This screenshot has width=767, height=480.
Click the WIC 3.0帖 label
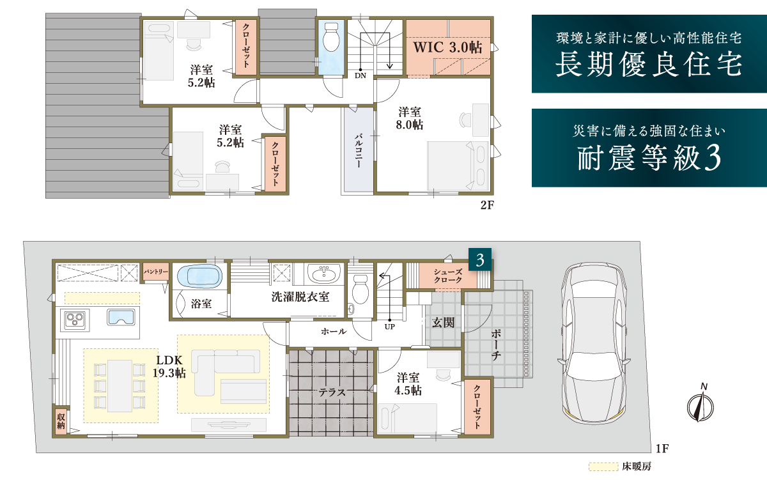click(447, 47)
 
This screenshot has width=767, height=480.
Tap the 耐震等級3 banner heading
click(649, 157)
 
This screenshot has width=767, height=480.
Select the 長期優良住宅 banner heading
click(649, 65)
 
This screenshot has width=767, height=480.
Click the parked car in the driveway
click(594, 343)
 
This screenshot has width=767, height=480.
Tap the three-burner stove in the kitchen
click(75, 320)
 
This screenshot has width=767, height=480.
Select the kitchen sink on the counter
click(121, 317)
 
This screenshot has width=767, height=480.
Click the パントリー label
click(156, 272)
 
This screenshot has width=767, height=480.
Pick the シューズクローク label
click(448, 275)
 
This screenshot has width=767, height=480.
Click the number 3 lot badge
click(480, 260)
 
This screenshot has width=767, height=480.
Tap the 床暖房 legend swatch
click(603, 467)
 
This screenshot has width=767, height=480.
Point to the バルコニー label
click(359, 151)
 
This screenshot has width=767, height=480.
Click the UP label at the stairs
click(390, 327)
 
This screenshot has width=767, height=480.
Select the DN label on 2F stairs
click(360, 75)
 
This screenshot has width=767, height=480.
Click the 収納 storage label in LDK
click(61, 421)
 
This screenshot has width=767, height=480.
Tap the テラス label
click(332, 392)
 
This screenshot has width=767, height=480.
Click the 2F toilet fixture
click(330, 36)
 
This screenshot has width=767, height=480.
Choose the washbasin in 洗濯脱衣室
click(323, 273)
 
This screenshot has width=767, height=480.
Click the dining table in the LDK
click(120, 386)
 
